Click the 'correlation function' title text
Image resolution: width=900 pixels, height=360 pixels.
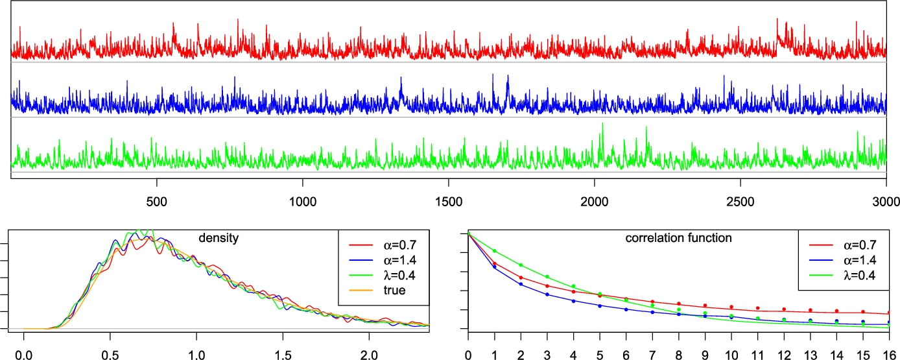pos(678,238)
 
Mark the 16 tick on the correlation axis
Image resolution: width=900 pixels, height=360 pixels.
pos(889,355)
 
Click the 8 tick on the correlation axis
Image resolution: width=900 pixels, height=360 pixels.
pos(678,355)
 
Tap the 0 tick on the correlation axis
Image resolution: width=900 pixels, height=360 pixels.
pos(468,355)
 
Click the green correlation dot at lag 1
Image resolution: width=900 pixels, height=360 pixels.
pos(494,251)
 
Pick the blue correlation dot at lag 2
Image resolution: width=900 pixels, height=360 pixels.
pos(521,284)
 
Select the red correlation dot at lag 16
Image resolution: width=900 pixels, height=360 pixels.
pos(889,312)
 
